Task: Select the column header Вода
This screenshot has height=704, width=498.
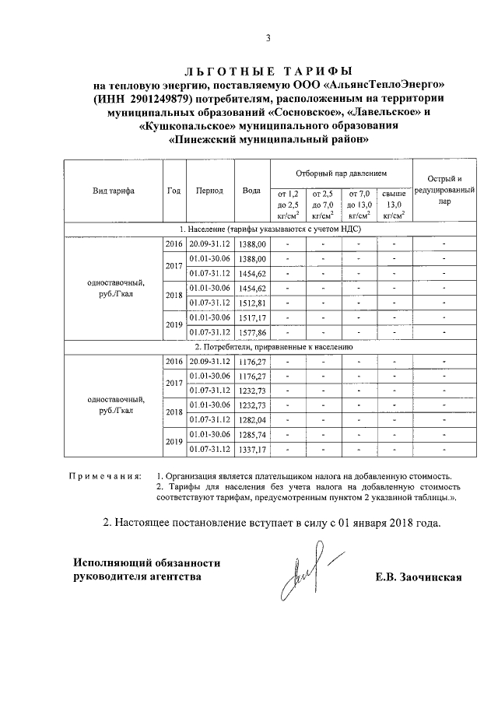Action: click(251, 191)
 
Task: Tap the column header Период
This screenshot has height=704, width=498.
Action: click(209, 191)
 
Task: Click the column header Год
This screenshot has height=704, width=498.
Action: click(174, 191)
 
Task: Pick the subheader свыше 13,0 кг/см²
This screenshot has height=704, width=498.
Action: click(395, 204)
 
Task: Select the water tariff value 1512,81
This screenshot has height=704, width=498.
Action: click(251, 303)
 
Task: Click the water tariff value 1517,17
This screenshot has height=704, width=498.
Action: click(251, 317)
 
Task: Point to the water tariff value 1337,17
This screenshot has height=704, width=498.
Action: click(251, 450)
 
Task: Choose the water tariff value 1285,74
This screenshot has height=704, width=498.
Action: click(251, 435)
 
